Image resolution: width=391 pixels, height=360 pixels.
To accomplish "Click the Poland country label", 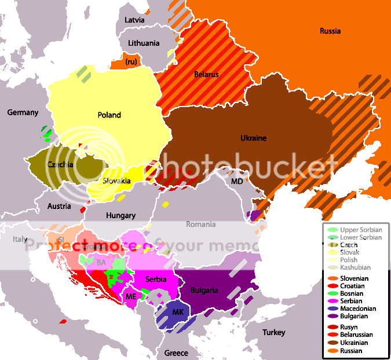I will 109,115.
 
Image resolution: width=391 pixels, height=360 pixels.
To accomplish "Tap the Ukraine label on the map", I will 253,138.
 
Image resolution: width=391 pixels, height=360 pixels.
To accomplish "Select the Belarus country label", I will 206,75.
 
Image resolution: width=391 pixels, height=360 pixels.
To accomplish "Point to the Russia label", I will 330,31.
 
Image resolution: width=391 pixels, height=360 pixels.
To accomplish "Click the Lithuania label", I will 143,43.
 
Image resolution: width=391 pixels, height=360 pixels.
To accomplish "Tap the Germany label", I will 23,112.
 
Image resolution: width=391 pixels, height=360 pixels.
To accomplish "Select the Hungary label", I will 121,215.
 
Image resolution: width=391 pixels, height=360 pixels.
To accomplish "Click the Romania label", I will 200,224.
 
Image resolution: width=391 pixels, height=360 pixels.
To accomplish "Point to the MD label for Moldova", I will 237,181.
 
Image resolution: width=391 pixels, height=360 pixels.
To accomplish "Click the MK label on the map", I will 178,311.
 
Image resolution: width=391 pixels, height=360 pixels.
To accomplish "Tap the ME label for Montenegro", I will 131,296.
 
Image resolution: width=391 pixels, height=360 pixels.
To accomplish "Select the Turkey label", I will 273,332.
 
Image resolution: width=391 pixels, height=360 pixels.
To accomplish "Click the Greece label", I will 176,352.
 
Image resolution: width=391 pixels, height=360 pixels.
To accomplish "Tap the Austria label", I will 59,206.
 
